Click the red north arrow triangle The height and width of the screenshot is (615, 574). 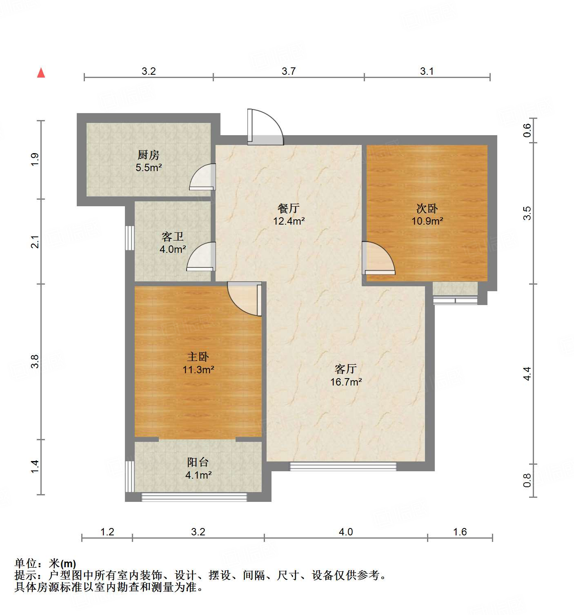point(41,73)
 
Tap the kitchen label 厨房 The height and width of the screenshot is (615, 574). point(149,155)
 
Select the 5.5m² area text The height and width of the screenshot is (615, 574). point(149,167)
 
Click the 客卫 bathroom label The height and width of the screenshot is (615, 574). point(173,236)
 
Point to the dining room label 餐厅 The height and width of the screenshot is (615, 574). point(289,208)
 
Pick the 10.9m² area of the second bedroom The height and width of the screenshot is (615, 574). point(427,221)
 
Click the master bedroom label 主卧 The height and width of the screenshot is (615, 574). point(198,357)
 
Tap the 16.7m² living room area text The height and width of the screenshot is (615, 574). point(346,382)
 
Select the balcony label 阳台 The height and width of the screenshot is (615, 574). point(198,462)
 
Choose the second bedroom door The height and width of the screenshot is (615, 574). point(377,258)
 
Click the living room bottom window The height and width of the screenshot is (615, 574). point(343,466)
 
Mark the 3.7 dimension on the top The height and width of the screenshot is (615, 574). point(288,71)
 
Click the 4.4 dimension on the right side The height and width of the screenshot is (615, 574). point(527,373)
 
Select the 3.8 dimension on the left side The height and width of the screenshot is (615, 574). point(35,361)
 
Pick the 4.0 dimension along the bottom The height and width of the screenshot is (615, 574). point(345,532)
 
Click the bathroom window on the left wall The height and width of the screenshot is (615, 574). point(129,238)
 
